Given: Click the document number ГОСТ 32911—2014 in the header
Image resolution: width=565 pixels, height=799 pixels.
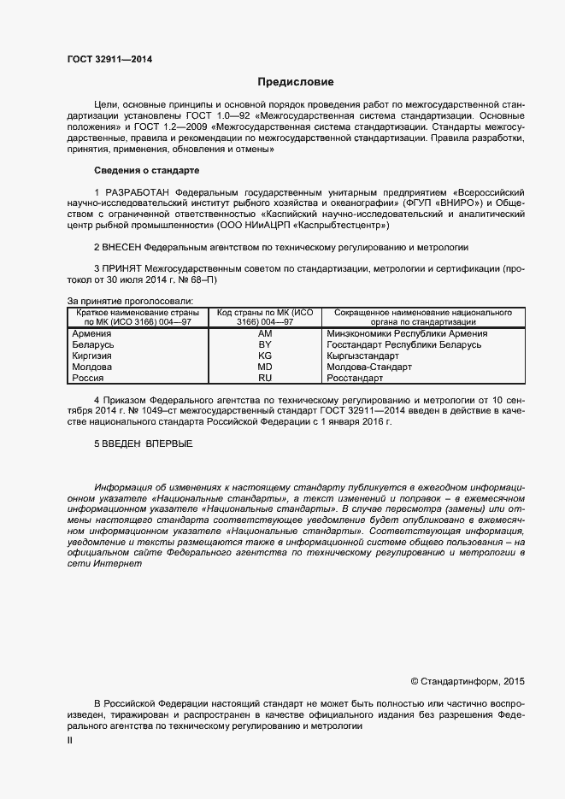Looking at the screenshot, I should (109, 60).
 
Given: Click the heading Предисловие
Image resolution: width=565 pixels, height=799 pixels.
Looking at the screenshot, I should (296, 82).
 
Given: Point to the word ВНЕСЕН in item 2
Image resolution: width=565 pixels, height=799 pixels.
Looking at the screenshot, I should (123, 246).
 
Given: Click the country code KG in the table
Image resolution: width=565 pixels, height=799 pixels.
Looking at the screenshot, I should (265, 355).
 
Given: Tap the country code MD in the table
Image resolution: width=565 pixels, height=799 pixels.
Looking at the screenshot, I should (265, 367).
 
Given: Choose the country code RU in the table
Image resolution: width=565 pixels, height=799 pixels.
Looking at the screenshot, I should (265, 377).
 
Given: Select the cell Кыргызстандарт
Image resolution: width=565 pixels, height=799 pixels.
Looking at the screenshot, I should (363, 355).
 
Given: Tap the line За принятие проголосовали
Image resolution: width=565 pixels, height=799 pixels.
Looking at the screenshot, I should (129, 301).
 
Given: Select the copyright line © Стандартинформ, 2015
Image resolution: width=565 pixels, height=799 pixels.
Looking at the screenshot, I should (467, 681).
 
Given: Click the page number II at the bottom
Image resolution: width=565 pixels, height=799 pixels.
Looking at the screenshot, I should (70, 741).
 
